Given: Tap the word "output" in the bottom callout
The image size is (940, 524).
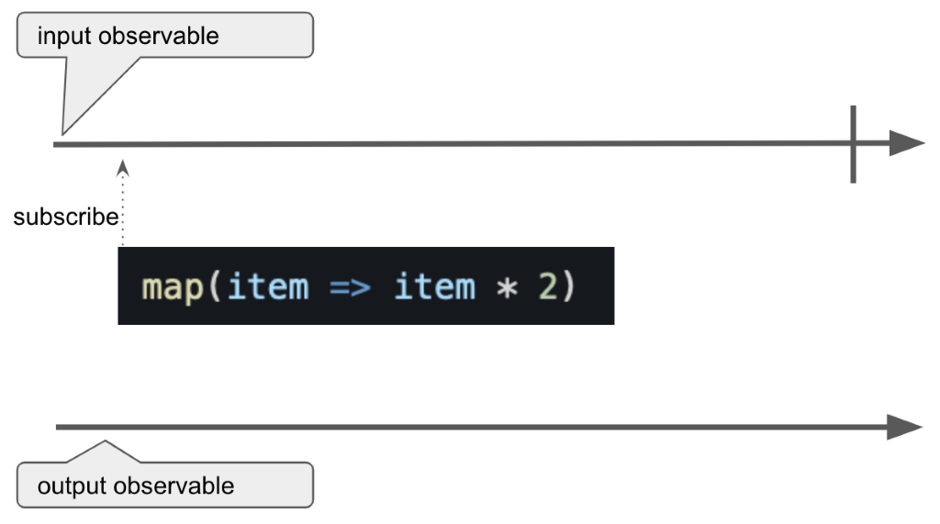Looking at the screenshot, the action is (70, 485).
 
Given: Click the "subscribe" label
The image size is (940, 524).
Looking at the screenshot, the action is (66, 217).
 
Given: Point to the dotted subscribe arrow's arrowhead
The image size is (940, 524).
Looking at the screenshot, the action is (123, 166).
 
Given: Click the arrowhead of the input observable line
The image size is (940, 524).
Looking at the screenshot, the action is (906, 144).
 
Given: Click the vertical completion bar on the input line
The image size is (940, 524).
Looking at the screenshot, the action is (853, 144).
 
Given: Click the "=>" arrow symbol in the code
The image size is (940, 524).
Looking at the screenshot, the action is (350, 286).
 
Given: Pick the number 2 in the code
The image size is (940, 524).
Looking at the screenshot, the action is (547, 286).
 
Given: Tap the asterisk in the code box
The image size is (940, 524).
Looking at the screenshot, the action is (507, 287).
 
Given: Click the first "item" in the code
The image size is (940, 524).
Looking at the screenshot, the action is (267, 286).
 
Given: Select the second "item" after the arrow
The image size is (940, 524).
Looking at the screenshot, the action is (434, 286).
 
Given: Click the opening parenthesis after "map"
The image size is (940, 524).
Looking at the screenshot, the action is (214, 286).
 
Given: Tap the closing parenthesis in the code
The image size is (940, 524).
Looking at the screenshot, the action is (569, 286).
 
